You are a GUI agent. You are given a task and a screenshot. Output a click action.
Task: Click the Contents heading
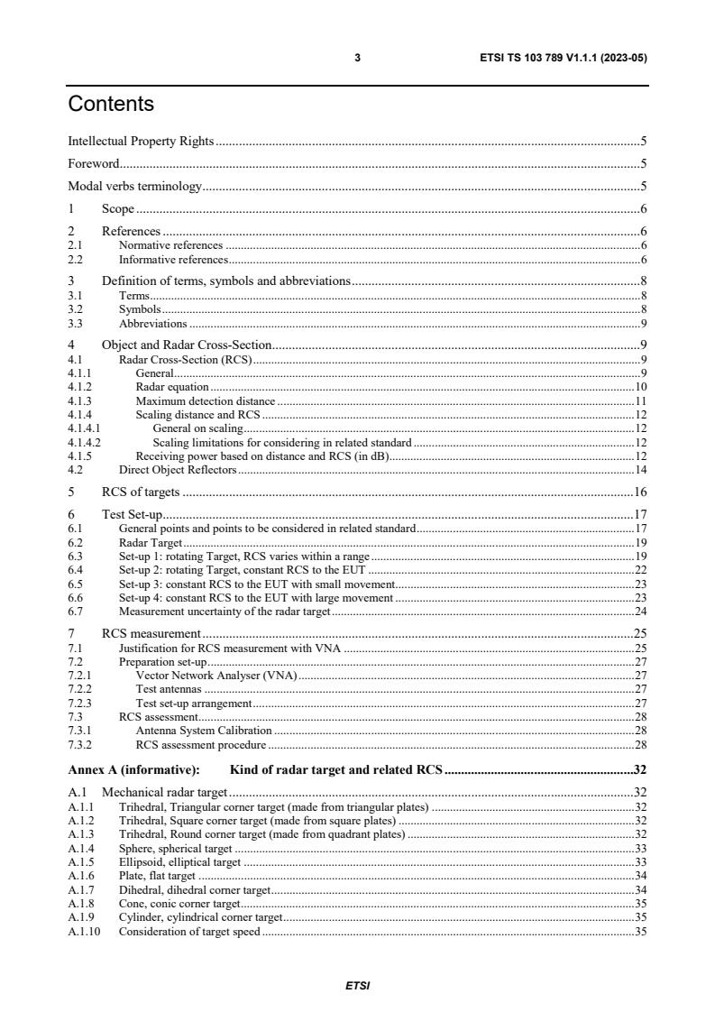[x=111, y=105]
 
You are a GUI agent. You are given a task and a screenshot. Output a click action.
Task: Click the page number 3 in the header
[x=357, y=58]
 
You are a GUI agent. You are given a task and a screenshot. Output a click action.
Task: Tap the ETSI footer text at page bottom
[x=357, y=986]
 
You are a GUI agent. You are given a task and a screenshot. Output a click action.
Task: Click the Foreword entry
[x=94, y=164]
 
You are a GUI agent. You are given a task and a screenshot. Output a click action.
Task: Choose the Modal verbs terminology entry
[x=135, y=187]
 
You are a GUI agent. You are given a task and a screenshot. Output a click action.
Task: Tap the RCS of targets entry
[x=141, y=492]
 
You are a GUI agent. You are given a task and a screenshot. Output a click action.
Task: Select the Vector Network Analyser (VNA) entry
[x=216, y=674]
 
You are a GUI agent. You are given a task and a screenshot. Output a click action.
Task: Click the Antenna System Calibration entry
[x=203, y=730]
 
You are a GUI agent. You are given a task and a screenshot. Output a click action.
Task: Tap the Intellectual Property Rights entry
[x=142, y=141]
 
